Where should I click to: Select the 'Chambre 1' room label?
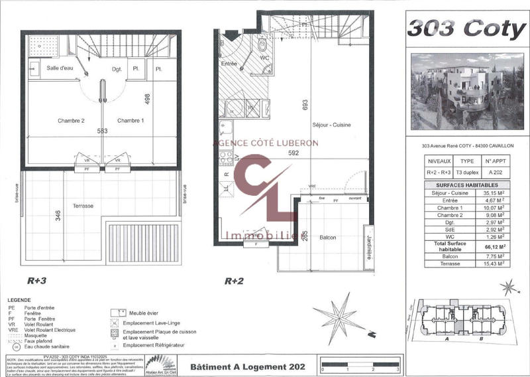click(x=131, y=121)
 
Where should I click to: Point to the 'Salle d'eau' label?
click(x=59, y=68)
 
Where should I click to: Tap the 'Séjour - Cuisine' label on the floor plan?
click(x=331, y=125)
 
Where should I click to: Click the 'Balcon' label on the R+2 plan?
click(x=327, y=238)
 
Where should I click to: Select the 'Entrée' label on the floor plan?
click(x=229, y=64)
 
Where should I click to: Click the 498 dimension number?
click(x=148, y=100)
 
